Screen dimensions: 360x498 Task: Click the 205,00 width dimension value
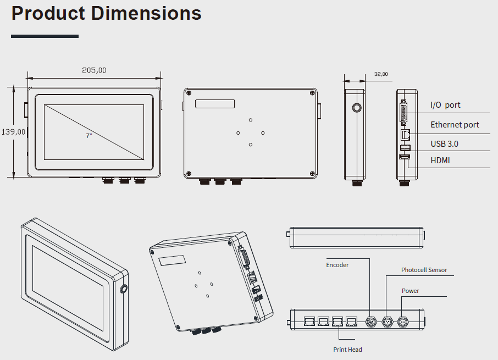[x=94, y=70]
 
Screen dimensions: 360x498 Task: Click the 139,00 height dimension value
[x=13, y=132]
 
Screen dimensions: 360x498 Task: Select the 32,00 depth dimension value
[x=380, y=74]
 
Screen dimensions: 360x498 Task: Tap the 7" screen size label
[x=88, y=135]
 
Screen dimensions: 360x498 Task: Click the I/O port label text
[x=445, y=105]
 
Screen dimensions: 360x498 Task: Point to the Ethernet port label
[x=455, y=125]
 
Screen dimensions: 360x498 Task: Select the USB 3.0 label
[x=444, y=144]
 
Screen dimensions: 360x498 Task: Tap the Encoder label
[x=337, y=265]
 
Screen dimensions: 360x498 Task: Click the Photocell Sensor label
[x=424, y=270]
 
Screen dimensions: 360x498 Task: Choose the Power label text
[x=410, y=291]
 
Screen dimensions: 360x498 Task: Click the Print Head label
[x=347, y=350]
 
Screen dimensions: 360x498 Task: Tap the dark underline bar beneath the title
[x=45, y=36]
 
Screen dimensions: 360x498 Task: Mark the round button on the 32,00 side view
[x=357, y=108]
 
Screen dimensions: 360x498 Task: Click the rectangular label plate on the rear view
[x=214, y=103]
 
